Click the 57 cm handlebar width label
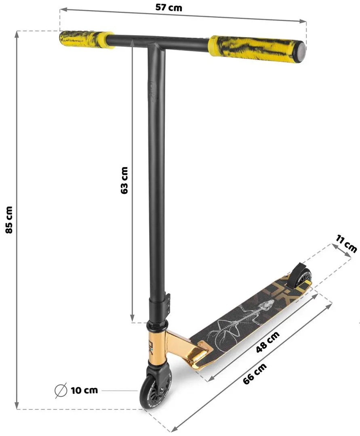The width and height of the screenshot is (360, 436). tap(168, 7)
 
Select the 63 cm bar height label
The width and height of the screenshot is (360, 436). tap(124, 180)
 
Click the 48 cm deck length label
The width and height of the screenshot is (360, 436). tap(267, 342)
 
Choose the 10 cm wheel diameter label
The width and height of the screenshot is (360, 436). tap(84, 390)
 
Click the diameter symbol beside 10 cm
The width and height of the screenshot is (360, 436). tap(60, 390)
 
